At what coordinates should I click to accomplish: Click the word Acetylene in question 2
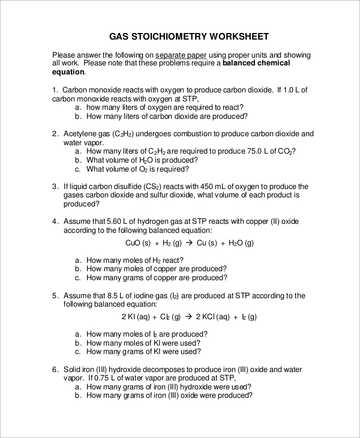[x=81, y=134]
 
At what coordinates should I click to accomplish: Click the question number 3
[x=55, y=187]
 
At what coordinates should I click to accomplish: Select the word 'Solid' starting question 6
[x=73, y=370]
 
